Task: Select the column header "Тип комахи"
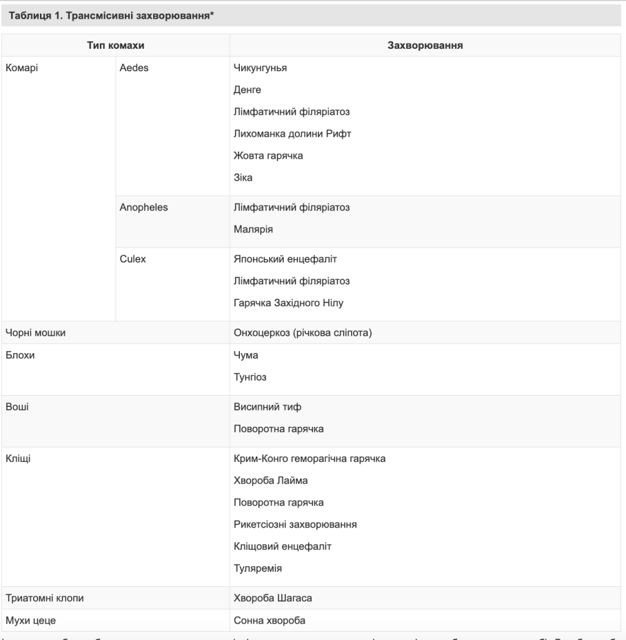115,45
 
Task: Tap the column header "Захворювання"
427,45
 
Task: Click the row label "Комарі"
20,67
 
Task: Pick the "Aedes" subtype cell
133,67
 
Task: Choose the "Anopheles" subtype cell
143,207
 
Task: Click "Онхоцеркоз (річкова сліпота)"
303,333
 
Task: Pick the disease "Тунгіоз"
251,377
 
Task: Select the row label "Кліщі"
18,459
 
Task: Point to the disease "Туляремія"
258,568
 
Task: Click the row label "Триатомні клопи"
44,598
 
